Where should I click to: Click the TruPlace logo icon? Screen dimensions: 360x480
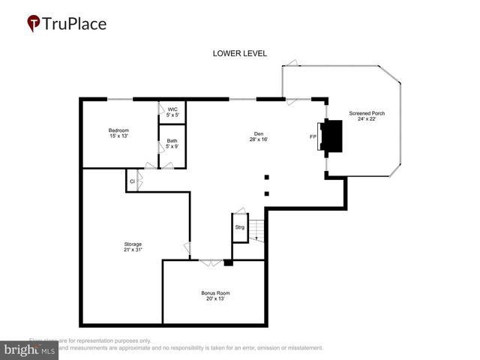coord(34,24)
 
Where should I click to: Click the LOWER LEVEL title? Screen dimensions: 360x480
coord(239,53)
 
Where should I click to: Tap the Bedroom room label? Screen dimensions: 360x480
coord(118,133)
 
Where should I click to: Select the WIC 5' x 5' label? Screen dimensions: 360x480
coord(172,112)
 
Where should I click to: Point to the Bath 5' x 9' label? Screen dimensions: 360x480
coord(172,143)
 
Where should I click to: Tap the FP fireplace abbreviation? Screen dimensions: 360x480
coord(313,137)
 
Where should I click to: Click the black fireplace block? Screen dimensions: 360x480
coord(331,137)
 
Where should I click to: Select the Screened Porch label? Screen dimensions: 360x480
coord(367,116)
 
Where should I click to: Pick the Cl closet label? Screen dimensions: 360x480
coord(132,181)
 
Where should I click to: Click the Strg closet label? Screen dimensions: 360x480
coord(239,227)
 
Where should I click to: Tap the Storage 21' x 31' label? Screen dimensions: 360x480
coord(133,247)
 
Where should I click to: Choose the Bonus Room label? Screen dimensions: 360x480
coord(215,295)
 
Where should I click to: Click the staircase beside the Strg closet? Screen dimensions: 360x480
coord(257,229)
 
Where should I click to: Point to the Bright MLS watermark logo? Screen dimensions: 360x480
coord(30,349)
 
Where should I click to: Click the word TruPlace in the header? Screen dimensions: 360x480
coord(75,23)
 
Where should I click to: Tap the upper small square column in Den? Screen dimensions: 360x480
coord(266,178)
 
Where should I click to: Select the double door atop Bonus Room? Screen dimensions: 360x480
coord(211,262)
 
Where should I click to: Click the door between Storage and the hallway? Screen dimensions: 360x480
coord(187,248)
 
